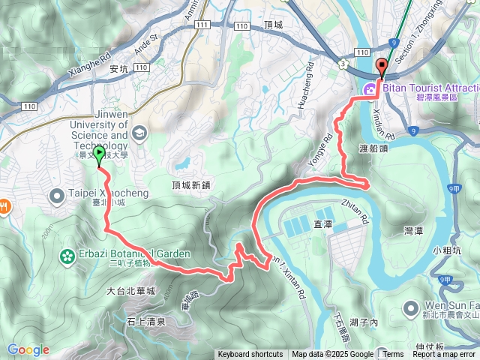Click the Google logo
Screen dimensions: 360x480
[28, 350]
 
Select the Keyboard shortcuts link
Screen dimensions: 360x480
[250, 355]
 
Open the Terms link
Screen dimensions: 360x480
[393, 355]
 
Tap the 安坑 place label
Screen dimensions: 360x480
[119, 69]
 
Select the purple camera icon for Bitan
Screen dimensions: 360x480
[370, 90]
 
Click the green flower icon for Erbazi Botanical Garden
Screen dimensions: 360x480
[67, 256]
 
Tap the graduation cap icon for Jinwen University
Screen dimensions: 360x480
[139, 133]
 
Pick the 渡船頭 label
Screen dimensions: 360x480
[373, 149]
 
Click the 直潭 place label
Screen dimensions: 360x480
[322, 223]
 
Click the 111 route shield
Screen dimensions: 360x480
[202, 25]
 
